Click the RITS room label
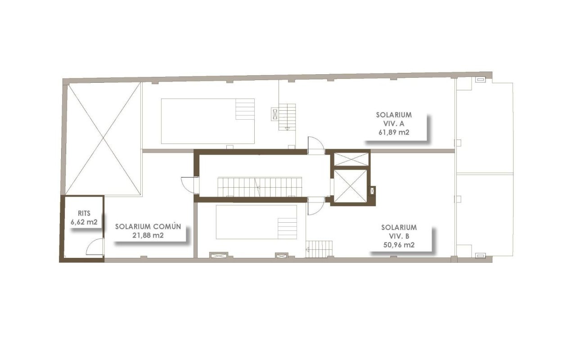pyautogui.click(x=84, y=213)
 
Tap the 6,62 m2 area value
pyautogui.click(x=84, y=222)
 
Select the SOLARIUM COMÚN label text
pyautogui.click(x=148, y=226)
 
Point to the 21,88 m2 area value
pyautogui.click(x=148, y=235)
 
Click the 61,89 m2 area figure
pyautogui.click(x=394, y=132)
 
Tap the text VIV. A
pyautogui.click(x=394, y=124)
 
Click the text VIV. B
pyautogui.click(x=399, y=236)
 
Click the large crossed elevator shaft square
pyautogui.click(x=350, y=185)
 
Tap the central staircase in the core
pyautogui.click(x=260, y=187)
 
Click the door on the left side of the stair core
pyautogui.click(x=190, y=185)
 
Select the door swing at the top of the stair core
pyautogui.click(x=316, y=145)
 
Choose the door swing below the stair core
pyautogui.click(x=316, y=206)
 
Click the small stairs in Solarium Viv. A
pyautogui.click(x=287, y=117)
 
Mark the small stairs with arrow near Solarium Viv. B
pyautogui.click(x=319, y=249)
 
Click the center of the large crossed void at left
pyautogui.click(x=103, y=139)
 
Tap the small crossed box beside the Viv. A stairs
pyautogui.click(x=275, y=114)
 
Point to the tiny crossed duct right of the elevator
pyautogui.click(x=372, y=190)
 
